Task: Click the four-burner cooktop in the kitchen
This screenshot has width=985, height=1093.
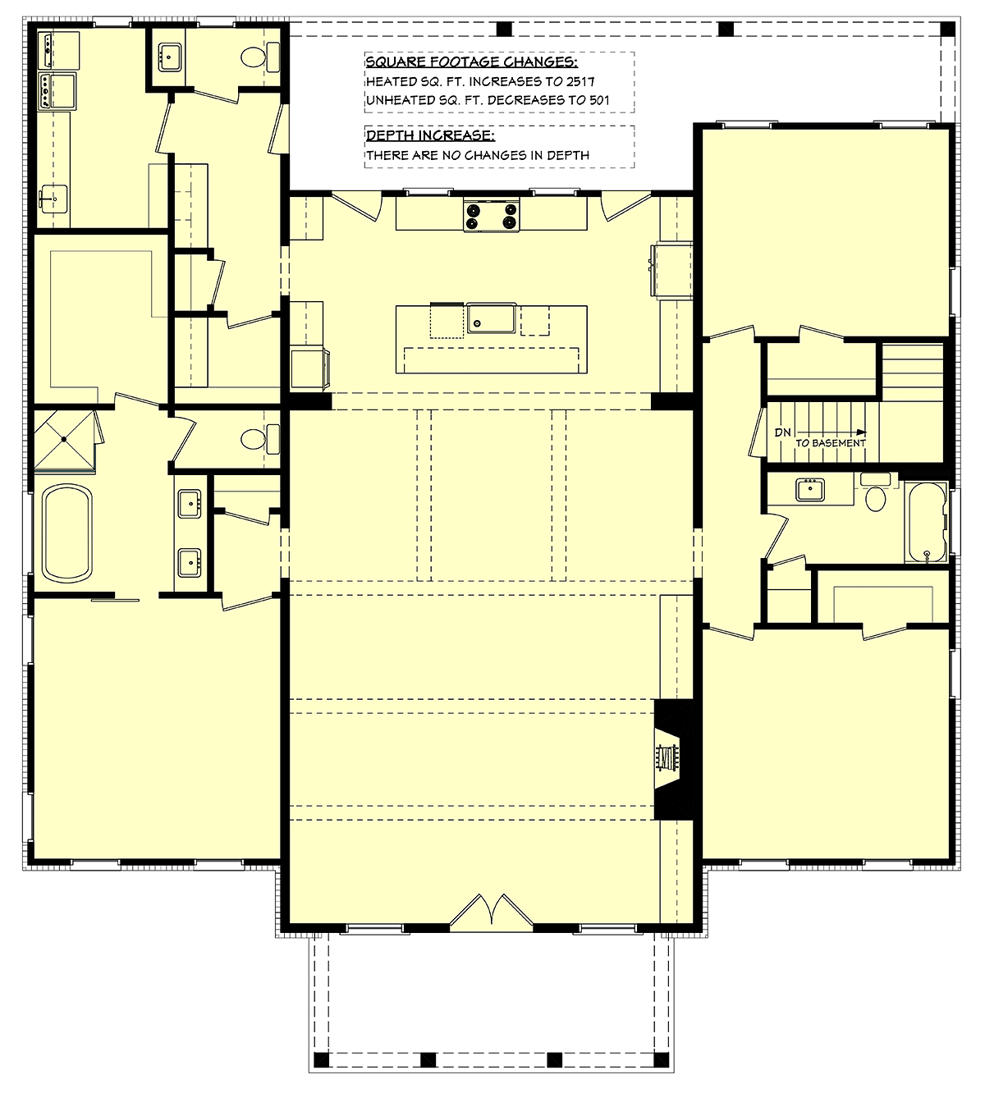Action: (491, 215)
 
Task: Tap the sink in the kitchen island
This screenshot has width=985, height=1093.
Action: (491, 318)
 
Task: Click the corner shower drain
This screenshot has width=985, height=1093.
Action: (64, 439)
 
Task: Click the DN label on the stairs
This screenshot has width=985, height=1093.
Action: (782, 432)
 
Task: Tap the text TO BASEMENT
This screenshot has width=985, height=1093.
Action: (830, 443)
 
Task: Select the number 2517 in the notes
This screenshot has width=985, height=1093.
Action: (581, 82)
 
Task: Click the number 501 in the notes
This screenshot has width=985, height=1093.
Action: (599, 100)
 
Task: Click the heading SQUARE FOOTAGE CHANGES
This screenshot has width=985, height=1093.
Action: (471, 61)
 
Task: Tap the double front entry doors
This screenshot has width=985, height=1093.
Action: (491, 909)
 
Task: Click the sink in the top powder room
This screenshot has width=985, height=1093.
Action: (170, 56)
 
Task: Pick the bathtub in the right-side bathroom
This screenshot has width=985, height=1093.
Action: (926, 522)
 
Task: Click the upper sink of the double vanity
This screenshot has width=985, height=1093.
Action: (190, 504)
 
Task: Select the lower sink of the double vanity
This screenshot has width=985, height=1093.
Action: (190, 563)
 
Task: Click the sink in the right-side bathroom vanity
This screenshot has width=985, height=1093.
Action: (809, 489)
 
